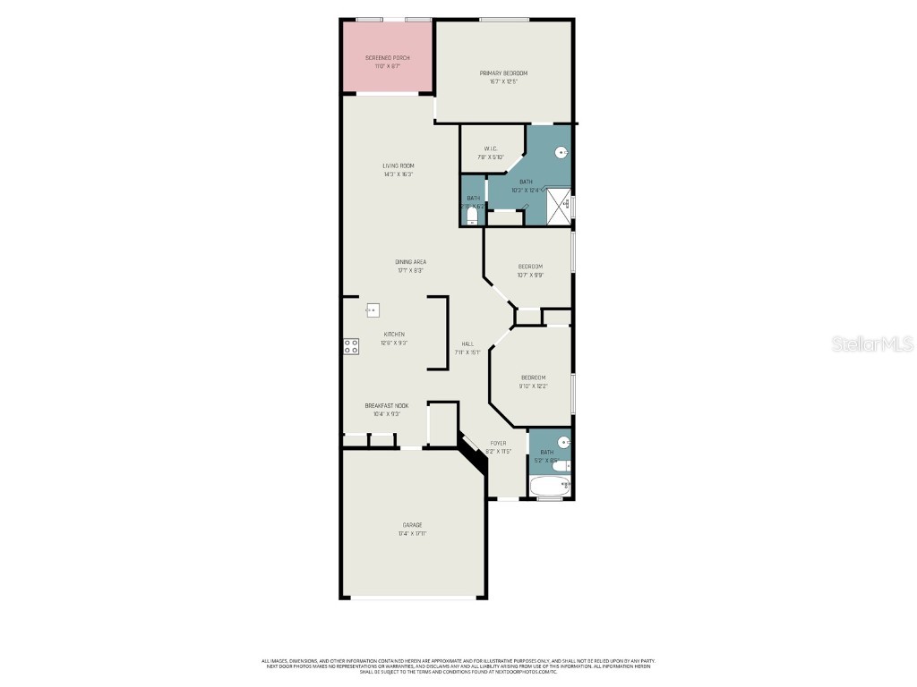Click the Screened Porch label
point(388,57)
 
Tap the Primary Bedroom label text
point(502,73)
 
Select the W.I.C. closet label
point(491,148)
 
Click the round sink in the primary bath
point(561,153)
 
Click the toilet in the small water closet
point(472,215)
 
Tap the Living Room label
point(399,165)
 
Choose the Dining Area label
point(410,262)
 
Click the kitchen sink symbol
point(372,310)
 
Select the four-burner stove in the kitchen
point(351,346)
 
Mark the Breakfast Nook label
point(386,405)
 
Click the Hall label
point(467,344)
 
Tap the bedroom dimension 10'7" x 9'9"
point(530,276)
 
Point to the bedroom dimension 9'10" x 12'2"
point(533,386)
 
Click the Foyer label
point(498,443)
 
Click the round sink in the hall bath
point(563,442)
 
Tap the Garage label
point(412,525)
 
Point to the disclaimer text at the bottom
point(458,666)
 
